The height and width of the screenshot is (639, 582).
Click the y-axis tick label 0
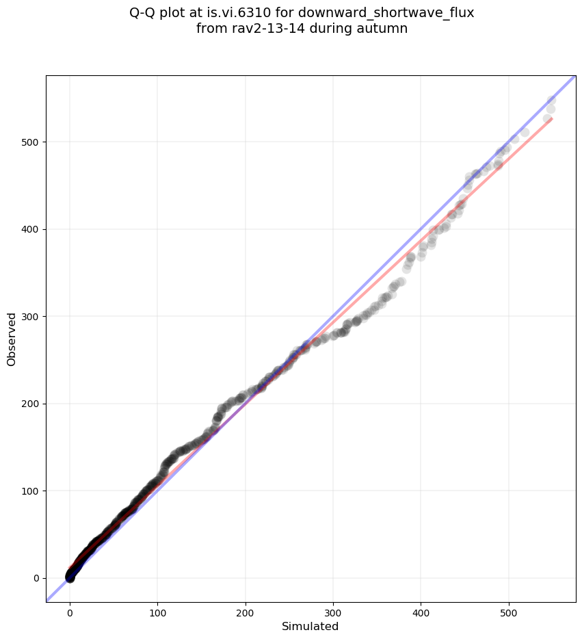(36, 578)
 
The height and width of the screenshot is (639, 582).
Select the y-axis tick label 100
(31, 491)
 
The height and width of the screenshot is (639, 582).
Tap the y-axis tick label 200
(31, 404)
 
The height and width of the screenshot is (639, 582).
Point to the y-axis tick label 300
(31, 317)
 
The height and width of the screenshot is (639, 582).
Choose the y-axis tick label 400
(31, 229)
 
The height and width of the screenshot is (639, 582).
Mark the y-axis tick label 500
(31, 142)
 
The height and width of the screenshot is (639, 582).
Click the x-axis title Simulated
(310, 626)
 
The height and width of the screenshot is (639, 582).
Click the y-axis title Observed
(12, 339)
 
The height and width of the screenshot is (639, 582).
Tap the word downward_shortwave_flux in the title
(386, 12)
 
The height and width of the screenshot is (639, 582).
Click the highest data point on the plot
(551, 101)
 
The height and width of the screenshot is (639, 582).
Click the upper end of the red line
(552, 119)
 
